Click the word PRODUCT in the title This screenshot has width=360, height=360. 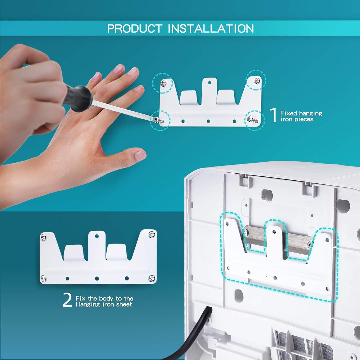pos(135,29)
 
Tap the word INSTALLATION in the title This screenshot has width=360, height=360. pos(211,29)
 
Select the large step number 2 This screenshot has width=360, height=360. pos(67,300)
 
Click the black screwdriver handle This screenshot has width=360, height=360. pos(78,98)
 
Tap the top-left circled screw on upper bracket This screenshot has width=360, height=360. pos(163,83)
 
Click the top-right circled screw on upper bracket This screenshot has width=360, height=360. pos(257,81)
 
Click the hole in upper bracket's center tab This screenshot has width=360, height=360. pos(209,82)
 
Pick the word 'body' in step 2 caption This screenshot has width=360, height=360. pos(106,298)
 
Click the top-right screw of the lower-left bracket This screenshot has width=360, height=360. pos(152,235)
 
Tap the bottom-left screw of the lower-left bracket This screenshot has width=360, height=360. pos(44,279)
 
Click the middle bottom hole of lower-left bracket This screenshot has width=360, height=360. pos(97,278)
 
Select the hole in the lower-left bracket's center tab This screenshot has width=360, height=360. pos(97,236)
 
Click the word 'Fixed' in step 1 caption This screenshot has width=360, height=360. pos(289,113)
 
